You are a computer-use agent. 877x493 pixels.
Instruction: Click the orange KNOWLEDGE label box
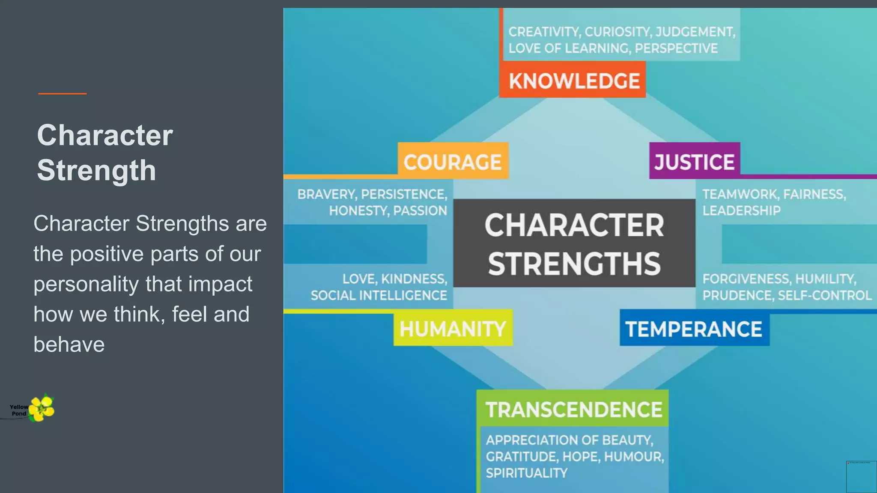573,80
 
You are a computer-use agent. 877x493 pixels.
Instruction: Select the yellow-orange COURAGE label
453,161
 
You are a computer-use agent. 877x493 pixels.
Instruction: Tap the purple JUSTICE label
694,161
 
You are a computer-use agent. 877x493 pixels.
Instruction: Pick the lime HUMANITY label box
453,328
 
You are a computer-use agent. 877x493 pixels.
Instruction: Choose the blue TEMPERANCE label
694,329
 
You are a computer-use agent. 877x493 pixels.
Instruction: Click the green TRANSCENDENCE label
573,409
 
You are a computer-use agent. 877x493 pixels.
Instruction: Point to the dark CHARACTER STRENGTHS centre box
574,243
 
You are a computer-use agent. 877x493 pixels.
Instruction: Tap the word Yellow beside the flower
19,407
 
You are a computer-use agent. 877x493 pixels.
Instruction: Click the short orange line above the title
62,93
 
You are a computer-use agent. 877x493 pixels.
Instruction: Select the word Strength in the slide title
96,170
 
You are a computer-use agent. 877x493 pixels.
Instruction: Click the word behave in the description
69,345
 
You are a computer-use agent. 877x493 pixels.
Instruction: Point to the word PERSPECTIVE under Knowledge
676,48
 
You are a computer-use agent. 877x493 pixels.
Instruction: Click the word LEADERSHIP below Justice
741,211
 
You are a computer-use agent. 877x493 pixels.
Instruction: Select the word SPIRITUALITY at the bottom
526,473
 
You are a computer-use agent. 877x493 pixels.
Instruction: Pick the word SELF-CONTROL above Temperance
824,295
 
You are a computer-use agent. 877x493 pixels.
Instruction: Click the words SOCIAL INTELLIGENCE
379,295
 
